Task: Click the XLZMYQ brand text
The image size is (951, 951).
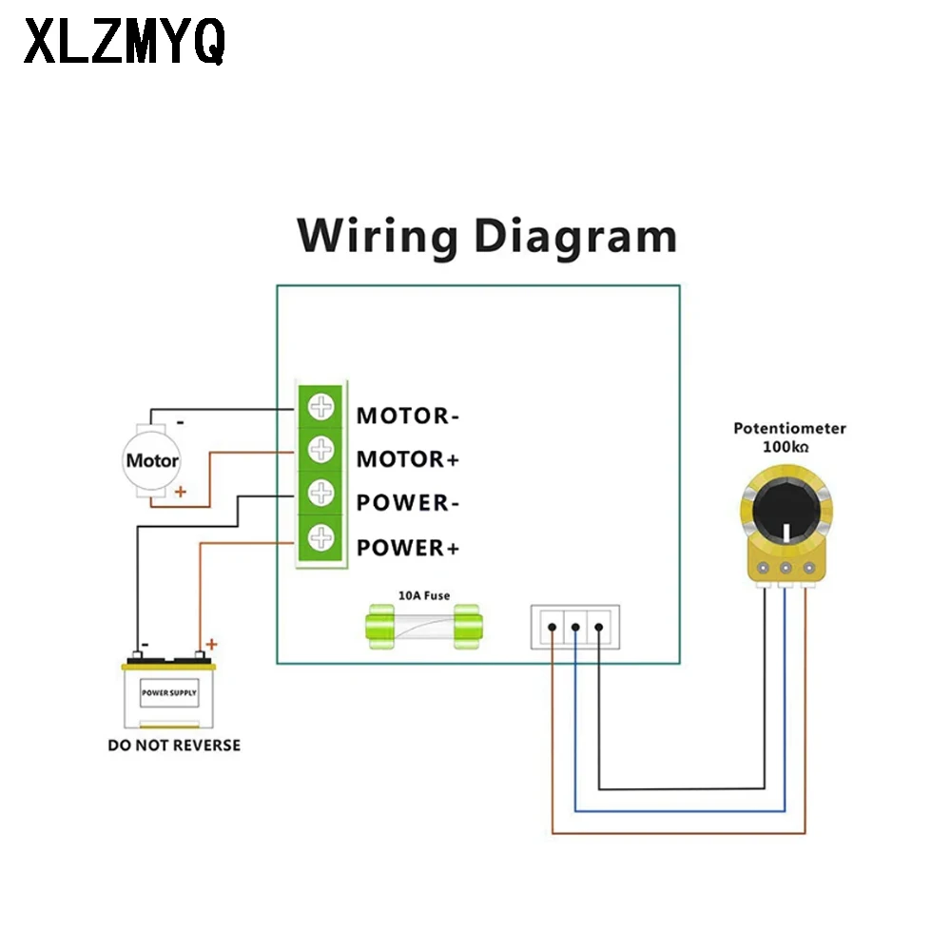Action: pyautogui.click(x=125, y=41)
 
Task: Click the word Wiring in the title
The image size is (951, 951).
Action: pyautogui.click(x=378, y=237)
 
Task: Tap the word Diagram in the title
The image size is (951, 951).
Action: pyautogui.click(x=575, y=237)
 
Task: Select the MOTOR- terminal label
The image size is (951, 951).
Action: pyautogui.click(x=408, y=417)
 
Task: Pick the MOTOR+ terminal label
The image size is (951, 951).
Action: pyautogui.click(x=408, y=459)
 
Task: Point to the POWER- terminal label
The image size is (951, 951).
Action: pyautogui.click(x=408, y=503)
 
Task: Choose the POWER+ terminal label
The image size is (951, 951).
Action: pyautogui.click(x=408, y=548)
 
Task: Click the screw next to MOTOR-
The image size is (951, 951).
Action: pyautogui.click(x=320, y=406)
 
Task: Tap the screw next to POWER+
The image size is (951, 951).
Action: pyautogui.click(x=320, y=537)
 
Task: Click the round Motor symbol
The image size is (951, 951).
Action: pyautogui.click(x=151, y=460)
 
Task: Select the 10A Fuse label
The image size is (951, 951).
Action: pyautogui.click(x=424, y=595)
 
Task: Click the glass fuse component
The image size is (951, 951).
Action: pyautogui.click(x=424, y=627)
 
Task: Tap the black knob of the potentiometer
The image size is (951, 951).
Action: pyautogui.click(x=786, y=512)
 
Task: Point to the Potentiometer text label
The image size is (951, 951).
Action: pyautogui.click(x=789, y=428)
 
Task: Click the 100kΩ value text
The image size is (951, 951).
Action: pyautogui.click(x=786, y=447)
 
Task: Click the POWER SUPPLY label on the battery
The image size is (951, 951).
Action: pyautogui.click(x=169, y=692)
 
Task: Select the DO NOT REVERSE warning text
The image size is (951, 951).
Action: pyautogui.click(x=174, y=746)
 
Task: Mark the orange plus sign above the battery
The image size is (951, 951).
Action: pyautogui.click(x=211, y=644)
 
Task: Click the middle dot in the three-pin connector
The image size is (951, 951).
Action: pyautogui.click(x=575, y=627)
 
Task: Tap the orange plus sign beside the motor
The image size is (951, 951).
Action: pyautogui.click(x=180, y=492)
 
